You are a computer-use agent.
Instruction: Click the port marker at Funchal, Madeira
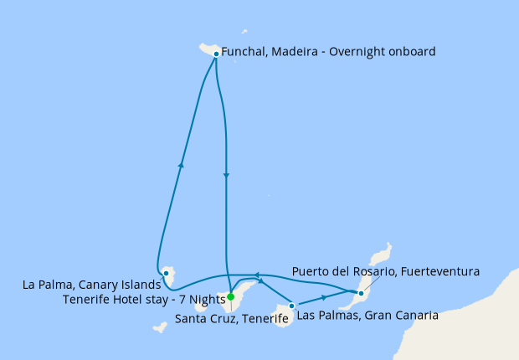tap(216, 54)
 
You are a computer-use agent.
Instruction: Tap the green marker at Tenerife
tap(230, 296)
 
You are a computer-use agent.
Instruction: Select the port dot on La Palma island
tap(167, 272)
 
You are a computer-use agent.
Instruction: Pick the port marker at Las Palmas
tap(291, 306)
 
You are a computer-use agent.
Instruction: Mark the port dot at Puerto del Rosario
tap(361, 293)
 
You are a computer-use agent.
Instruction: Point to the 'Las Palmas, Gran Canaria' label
tap(367, 316)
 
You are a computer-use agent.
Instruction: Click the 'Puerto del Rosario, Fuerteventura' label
tap(385, 271)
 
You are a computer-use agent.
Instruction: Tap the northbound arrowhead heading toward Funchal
tap(181, 165)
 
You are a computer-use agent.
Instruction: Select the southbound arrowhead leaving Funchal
tap(226, 175)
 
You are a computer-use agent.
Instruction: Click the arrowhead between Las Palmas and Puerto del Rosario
tap(324, 298)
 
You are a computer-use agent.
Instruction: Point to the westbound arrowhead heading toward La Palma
tap(256, 275)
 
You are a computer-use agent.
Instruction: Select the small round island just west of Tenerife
tap(201, 306)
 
